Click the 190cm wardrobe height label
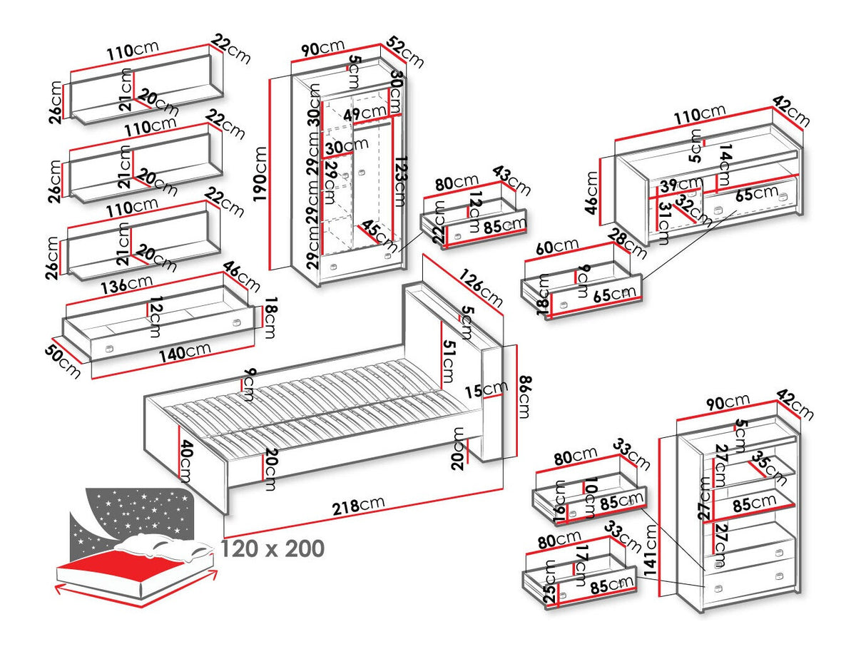click(x=261, y=175)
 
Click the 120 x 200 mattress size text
click(x=272, y=548)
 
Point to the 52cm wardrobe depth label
click(x=407, y=52)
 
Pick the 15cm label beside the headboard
click(x=493, y=389)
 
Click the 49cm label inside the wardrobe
click(x=365, y=113)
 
